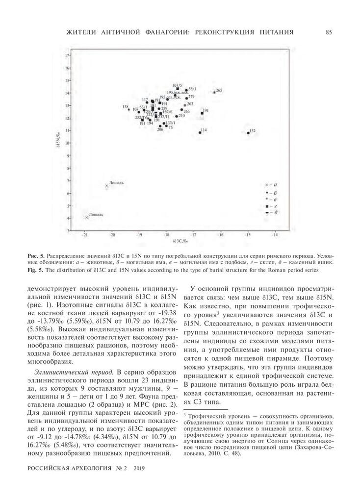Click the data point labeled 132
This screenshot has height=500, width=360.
[248, 133]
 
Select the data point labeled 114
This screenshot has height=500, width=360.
[200, 132]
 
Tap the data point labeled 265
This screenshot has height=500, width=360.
[214, 92]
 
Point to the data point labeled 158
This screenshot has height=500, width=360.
[129, 109]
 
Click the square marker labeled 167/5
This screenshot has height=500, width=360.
[178, 89]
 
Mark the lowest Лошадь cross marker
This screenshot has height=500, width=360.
[86, 217]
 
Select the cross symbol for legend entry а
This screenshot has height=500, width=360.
[266, 185]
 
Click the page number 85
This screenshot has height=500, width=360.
[329, 32]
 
